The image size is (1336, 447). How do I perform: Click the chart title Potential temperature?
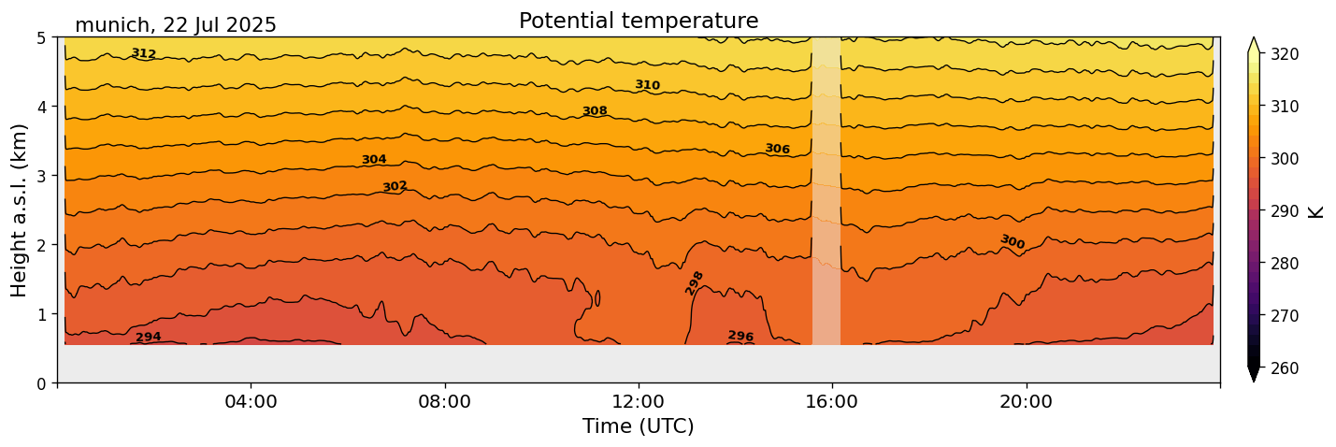tap(639, 21)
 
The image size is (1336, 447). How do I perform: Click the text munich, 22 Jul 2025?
tap(176, 25)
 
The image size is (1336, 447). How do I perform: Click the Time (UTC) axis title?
tap(639, 426)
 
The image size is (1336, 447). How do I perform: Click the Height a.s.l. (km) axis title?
tap(20, 209)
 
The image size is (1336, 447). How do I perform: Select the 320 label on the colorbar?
tap(1285, 54)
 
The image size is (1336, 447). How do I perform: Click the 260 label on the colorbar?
tap(1285, 368)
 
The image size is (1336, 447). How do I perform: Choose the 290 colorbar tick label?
tap(1285, 211)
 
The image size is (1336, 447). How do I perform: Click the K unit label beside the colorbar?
tap(1316, 211)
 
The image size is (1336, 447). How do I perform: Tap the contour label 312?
tap(144, 53)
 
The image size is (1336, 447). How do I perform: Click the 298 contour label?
tap(695, 282)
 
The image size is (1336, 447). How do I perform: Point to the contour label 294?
tap(149, 338)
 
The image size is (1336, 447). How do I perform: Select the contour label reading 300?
tap(1013, 242)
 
